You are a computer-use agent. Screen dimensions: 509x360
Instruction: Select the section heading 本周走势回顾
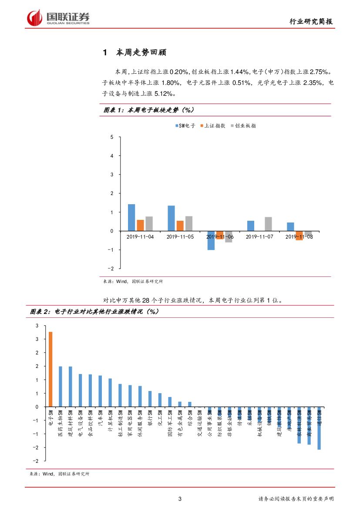[141, 53]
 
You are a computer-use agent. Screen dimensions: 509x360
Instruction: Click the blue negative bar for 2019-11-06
[211, 240]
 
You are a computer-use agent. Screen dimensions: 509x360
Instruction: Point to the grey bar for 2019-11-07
[268, 224]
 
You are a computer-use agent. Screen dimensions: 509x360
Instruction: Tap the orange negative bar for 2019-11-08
[299, 236]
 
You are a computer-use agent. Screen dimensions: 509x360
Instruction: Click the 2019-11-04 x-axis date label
[140, 236]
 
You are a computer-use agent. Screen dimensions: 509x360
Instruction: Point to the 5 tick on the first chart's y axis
[112, 137]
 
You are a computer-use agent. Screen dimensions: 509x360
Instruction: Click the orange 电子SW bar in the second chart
[50, 369]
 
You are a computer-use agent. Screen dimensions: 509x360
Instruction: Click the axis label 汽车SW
[101, 418]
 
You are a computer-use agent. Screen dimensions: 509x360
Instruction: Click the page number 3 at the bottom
[180, 499]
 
